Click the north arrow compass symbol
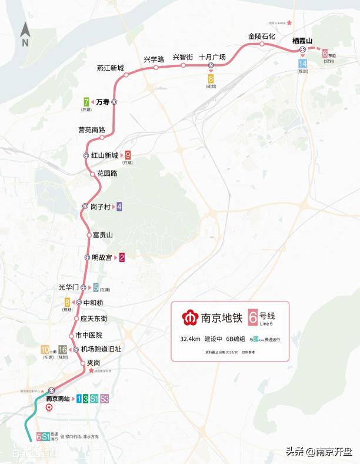click(x=25, y=35)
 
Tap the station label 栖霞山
click(x=304, y=41)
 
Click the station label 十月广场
click(x=212, y=57)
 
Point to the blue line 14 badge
click(x=302, y=64)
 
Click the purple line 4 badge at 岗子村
click(x=119, y=207)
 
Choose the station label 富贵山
click(x=102, y=235)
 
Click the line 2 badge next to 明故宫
click(x=122, y=257)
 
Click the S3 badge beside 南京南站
click(x=104, y=399)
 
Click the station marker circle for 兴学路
click(x=156, y=67)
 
